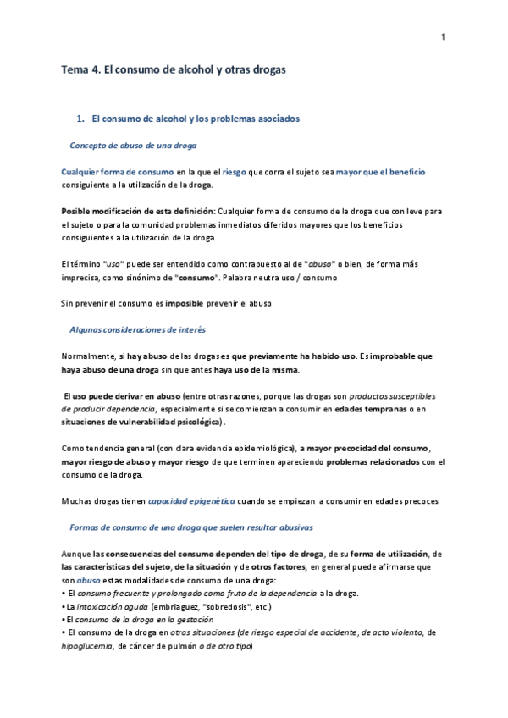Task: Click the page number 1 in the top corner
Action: [x=443, y=36]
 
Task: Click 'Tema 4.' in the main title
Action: [x=80, y=72]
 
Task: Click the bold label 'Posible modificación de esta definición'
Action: [x=138, y=211]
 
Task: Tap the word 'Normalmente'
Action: [x=90, y=356]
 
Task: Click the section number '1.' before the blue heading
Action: [x=80, y=119]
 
